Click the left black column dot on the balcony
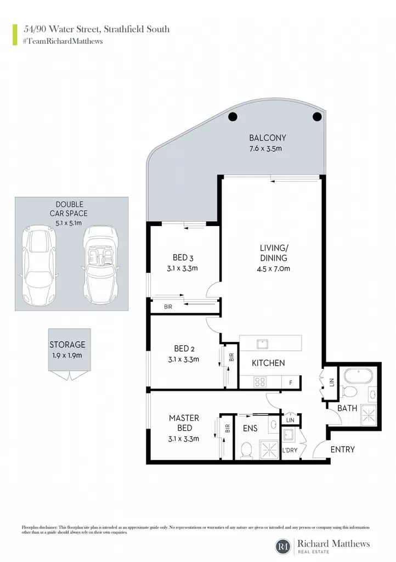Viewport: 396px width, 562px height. [x=233, y=116]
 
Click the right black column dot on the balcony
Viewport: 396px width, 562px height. [x=317, y=116]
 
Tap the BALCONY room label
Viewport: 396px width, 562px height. [x=268, y=138]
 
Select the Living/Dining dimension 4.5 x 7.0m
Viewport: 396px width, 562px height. [x=273, y=268]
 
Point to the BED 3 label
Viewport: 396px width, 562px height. [x=183, y=258]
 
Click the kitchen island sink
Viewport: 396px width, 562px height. [x=263, y=344]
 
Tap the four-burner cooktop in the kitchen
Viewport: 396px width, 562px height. [x=260, y=382]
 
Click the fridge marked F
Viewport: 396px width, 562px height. [x=291, y=383]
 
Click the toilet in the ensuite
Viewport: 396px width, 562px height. [x=246, y=449]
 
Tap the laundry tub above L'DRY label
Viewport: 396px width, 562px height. [x=288, y=435]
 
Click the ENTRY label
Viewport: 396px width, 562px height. [x=343, y=449]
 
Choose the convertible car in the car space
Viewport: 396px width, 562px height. [x=100, y=264]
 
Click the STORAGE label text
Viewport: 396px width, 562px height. [x=67, y=345]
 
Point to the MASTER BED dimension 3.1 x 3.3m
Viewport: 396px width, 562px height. [x=184, y=439]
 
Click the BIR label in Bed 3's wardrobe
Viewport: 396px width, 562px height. [x=168, y=307]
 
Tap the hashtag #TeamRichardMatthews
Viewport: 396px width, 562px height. [x=63, y=41]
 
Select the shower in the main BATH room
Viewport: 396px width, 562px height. [x=369, y=415]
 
